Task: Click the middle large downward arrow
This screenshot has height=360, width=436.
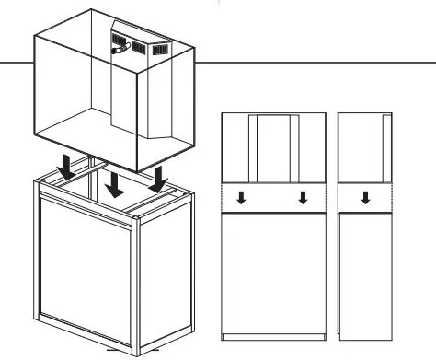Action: point(114,181)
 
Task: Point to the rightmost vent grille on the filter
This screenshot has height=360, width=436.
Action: point(160,49)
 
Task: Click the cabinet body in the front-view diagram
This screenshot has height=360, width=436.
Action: point(273,272)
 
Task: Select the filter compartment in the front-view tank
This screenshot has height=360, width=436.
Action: point(273,147)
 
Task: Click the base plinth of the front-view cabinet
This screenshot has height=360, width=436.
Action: point(273,335)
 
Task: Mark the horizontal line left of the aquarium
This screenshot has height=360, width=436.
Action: point(14,64)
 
